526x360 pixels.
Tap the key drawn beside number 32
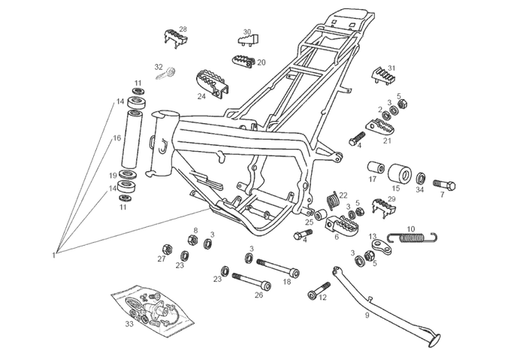tap(167, 73)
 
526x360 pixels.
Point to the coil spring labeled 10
tap(413, 239)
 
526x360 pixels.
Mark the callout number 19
tap(113, 175)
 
